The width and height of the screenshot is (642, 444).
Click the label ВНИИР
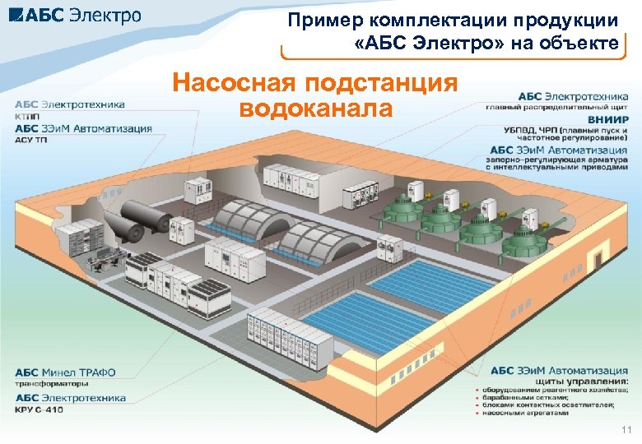click(607, 120)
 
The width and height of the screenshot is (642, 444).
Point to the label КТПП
click(26, 116)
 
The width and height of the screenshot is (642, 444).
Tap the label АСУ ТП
click(30, 139)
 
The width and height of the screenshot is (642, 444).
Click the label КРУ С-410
click(39, 409)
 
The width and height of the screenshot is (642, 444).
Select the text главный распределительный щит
click(557, 108)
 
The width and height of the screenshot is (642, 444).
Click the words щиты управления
click(581, 382)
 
